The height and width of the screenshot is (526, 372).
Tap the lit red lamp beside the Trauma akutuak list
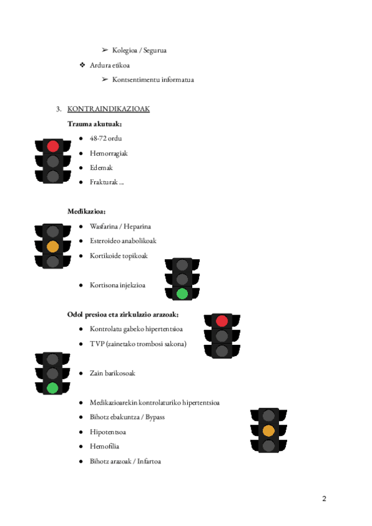pos(53,146)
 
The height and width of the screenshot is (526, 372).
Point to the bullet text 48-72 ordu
pos(105,138)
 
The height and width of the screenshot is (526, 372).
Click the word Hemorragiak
pos(108,153)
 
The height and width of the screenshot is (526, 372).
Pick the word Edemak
pos(101,167)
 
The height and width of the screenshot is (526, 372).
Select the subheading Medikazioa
pos(86,212)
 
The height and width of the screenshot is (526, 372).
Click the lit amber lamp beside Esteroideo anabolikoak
pos(53,246)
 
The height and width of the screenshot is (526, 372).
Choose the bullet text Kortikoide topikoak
pos(118,256)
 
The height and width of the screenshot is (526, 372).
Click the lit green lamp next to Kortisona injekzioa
pos(182,293)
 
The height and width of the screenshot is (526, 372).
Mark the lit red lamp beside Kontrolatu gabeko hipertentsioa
pos(221,321)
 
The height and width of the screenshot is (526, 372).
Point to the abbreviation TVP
pos(97,344)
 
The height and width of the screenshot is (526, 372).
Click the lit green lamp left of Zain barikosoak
pos(53,388)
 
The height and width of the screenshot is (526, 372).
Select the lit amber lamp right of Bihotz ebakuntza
pos(268,430)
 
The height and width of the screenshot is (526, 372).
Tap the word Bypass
pos(155,417)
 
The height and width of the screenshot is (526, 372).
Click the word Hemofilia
pos(104,446)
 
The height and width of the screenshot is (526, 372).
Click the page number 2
pos(324,499)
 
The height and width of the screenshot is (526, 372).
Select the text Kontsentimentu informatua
pos(153,79)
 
